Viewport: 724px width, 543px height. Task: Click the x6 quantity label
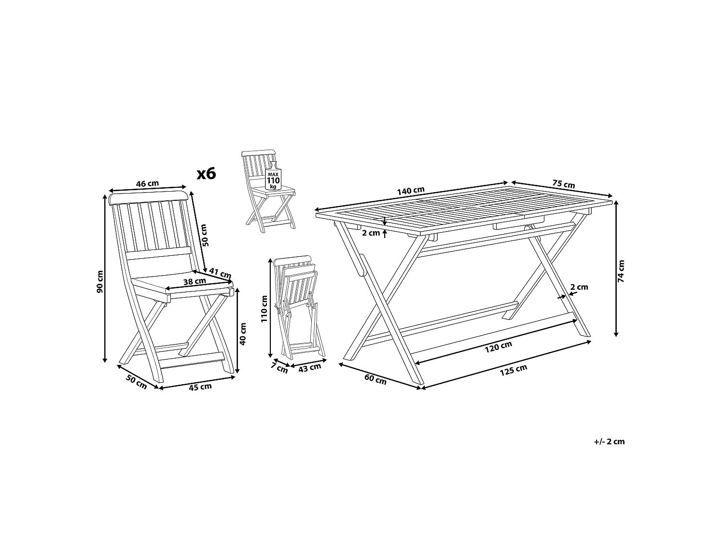[x=207, y=174]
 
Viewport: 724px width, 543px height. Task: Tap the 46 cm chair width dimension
[x=147, y=184]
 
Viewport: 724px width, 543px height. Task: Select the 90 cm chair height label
[x=99, y=281]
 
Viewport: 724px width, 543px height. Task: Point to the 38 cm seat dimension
[x=195, y=281]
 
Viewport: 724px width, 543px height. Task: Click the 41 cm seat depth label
[x=220, y=273]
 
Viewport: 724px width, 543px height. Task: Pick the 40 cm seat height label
[x=243, y=334]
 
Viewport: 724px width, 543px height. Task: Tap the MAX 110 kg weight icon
[x=273, y=177]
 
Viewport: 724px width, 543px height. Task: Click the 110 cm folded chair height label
[x=264, y=309]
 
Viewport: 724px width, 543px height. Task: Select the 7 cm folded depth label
[x=279, y=368]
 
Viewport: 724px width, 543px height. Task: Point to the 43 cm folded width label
[x=309, y=368]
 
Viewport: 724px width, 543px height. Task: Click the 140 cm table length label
[x=411, y=191]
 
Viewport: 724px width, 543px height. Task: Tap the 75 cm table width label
[x=563, y=183]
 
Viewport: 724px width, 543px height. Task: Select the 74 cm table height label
[x=621, y=271]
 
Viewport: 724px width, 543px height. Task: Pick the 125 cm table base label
[x=514, y=370]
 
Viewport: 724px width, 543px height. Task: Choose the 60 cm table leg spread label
[x=376, y=379]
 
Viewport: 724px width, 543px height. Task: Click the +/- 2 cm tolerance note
[x=609, y=442]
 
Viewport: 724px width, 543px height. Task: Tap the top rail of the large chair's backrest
[x=149, y=197]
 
